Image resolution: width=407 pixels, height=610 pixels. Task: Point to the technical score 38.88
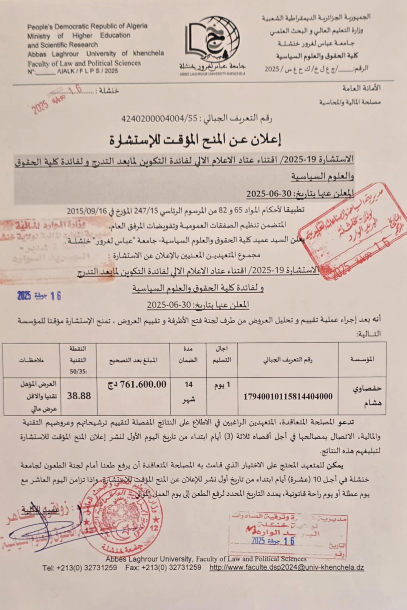coord(79,396)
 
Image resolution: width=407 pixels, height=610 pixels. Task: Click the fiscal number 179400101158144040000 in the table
coord(288,396)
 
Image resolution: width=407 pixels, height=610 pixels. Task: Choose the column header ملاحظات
coord(32,360)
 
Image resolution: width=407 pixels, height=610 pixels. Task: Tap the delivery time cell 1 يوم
coord(222,385)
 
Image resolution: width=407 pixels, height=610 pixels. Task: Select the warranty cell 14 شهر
coord(188,392)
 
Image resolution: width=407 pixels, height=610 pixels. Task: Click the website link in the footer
coord(287,567)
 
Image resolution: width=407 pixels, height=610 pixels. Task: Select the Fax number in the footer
coord(171,567)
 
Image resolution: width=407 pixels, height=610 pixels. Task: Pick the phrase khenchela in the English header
coord(148,54)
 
